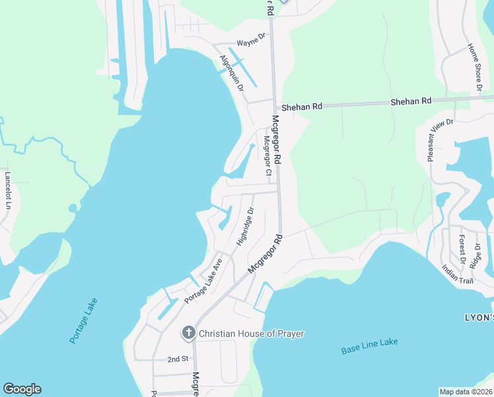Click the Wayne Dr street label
pyautogui.click(x=250, y=39)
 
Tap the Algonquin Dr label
pyautogui.click(x=232, y=73)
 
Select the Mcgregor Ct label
pyautogui.click(x=267, y=156)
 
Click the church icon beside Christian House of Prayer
pyautogui.click(x=188, y=333)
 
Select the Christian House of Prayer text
pyautogui.click(x=252, y=333)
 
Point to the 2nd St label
pyautogui.click(x=178, y=359)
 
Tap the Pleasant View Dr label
pyautogui.click(x=440, y=140)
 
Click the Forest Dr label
pyautogui.click(x=462, y=249)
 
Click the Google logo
pyautogui.click(x=22, y=389)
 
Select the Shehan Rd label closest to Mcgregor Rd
pyautogui.click(x=302, y=106)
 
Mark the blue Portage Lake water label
pyautogui.click(x=83, y=321)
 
